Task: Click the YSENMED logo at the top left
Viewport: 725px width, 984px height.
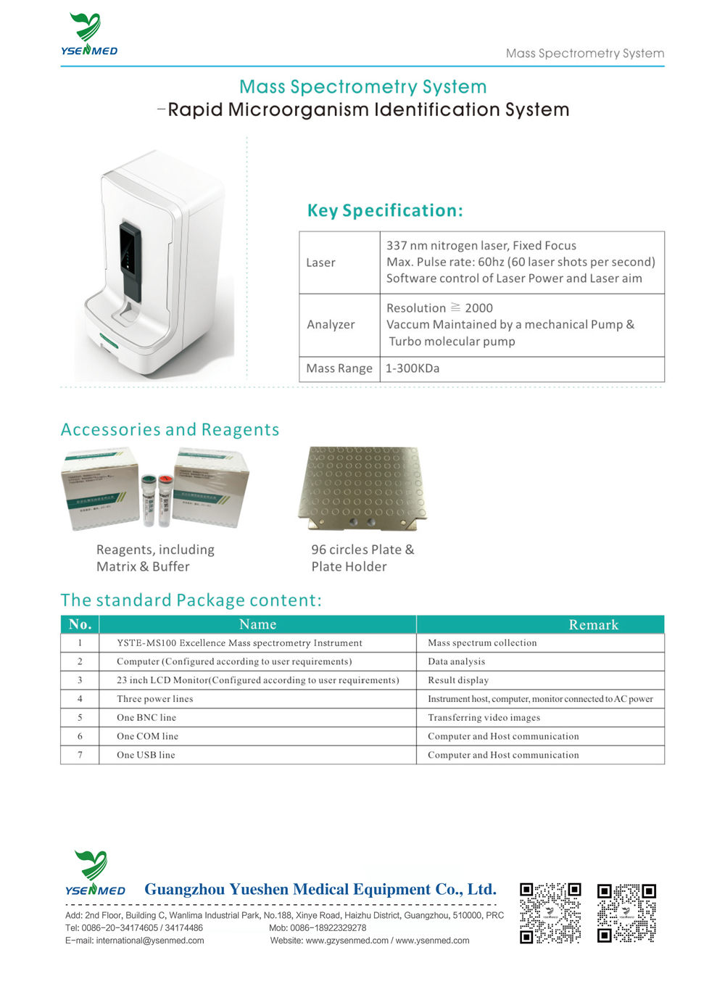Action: tap(89, 34)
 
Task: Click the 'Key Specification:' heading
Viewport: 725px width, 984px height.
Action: tap(385, 211)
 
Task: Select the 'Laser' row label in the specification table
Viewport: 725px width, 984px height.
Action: tap(320, 262)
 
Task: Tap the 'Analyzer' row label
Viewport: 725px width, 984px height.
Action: tap(331, 325)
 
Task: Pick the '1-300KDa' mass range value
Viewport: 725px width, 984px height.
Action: tap(413, 368)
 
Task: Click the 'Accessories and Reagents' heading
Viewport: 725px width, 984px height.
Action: tap(170, 430)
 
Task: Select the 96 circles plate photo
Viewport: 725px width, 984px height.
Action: tap(362, 487)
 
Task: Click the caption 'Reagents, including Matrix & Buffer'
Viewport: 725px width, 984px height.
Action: tap(155, 558)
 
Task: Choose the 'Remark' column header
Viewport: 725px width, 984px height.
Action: tap(593, 625)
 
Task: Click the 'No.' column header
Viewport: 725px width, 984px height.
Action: tap(80, 625)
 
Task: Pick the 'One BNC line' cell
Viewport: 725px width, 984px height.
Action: tap(146, 718)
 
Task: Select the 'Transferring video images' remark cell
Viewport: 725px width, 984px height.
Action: tap(484, 718)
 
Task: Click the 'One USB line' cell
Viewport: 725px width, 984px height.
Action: tap(146, 755)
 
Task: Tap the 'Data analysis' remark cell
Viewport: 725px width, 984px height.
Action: tap(456, 662)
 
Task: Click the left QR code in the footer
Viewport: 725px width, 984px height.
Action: tap(550, 913)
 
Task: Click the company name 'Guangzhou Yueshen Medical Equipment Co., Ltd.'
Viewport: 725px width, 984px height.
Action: tap(320, 890)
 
